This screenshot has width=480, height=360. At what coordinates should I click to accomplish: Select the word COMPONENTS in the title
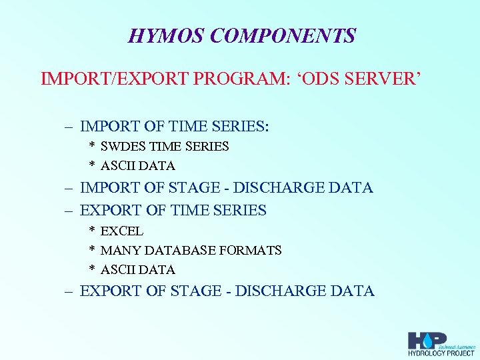tap(283, 35)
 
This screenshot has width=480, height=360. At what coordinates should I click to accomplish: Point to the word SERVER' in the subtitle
tap(387, 80)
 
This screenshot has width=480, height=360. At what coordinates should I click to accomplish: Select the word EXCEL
tap(121, 231)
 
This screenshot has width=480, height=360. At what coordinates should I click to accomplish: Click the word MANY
tap(121, 251)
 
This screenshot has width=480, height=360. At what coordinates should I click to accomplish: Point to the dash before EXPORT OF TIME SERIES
tap(68, 211)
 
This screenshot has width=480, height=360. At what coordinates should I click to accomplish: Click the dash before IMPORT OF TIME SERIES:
tap(68, 126)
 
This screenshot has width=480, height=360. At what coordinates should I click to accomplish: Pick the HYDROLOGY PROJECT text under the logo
tap(441, 353)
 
